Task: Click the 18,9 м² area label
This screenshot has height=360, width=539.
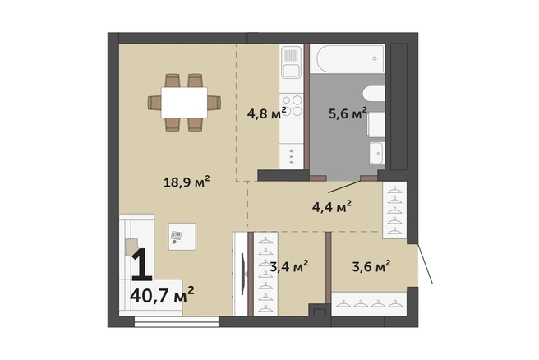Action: [x=187, y=182]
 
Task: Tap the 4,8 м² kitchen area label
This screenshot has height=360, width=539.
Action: [x=267, y=113]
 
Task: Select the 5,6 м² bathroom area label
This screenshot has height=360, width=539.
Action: [x=348, y=113]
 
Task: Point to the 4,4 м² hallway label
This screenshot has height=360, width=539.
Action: [x=332, y=207]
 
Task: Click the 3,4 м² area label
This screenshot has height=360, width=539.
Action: [x=288, y=266]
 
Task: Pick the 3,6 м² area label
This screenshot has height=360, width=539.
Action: [x=371, y=266]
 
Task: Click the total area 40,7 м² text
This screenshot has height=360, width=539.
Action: [x=162, y=295]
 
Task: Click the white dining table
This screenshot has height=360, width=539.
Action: [x=184, y=103]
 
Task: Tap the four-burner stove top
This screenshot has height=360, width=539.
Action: [x=292, y=105]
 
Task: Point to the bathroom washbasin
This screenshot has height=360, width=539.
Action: [x=377, y=153]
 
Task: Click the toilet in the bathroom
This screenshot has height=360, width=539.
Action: [x=376, y=123]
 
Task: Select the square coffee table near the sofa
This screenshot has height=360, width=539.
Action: [x=182, y=236]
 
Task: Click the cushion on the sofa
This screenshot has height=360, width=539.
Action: [x=131, y=247]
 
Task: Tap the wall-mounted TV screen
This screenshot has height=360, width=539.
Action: [x=243, y=274]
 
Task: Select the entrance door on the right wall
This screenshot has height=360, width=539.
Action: [x=425, y=264]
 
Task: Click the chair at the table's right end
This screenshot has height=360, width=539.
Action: [x=214, y=103]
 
